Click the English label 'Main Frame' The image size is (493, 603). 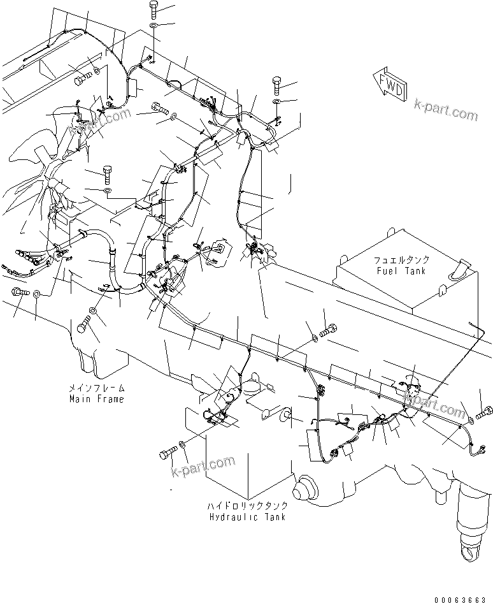coord(97,399)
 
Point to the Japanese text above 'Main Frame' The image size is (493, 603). coord(97,388)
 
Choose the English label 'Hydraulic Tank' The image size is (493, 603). coord(248,516)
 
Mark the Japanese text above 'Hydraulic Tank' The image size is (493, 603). coord(247,505)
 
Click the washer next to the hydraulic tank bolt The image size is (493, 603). coord(183,444)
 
